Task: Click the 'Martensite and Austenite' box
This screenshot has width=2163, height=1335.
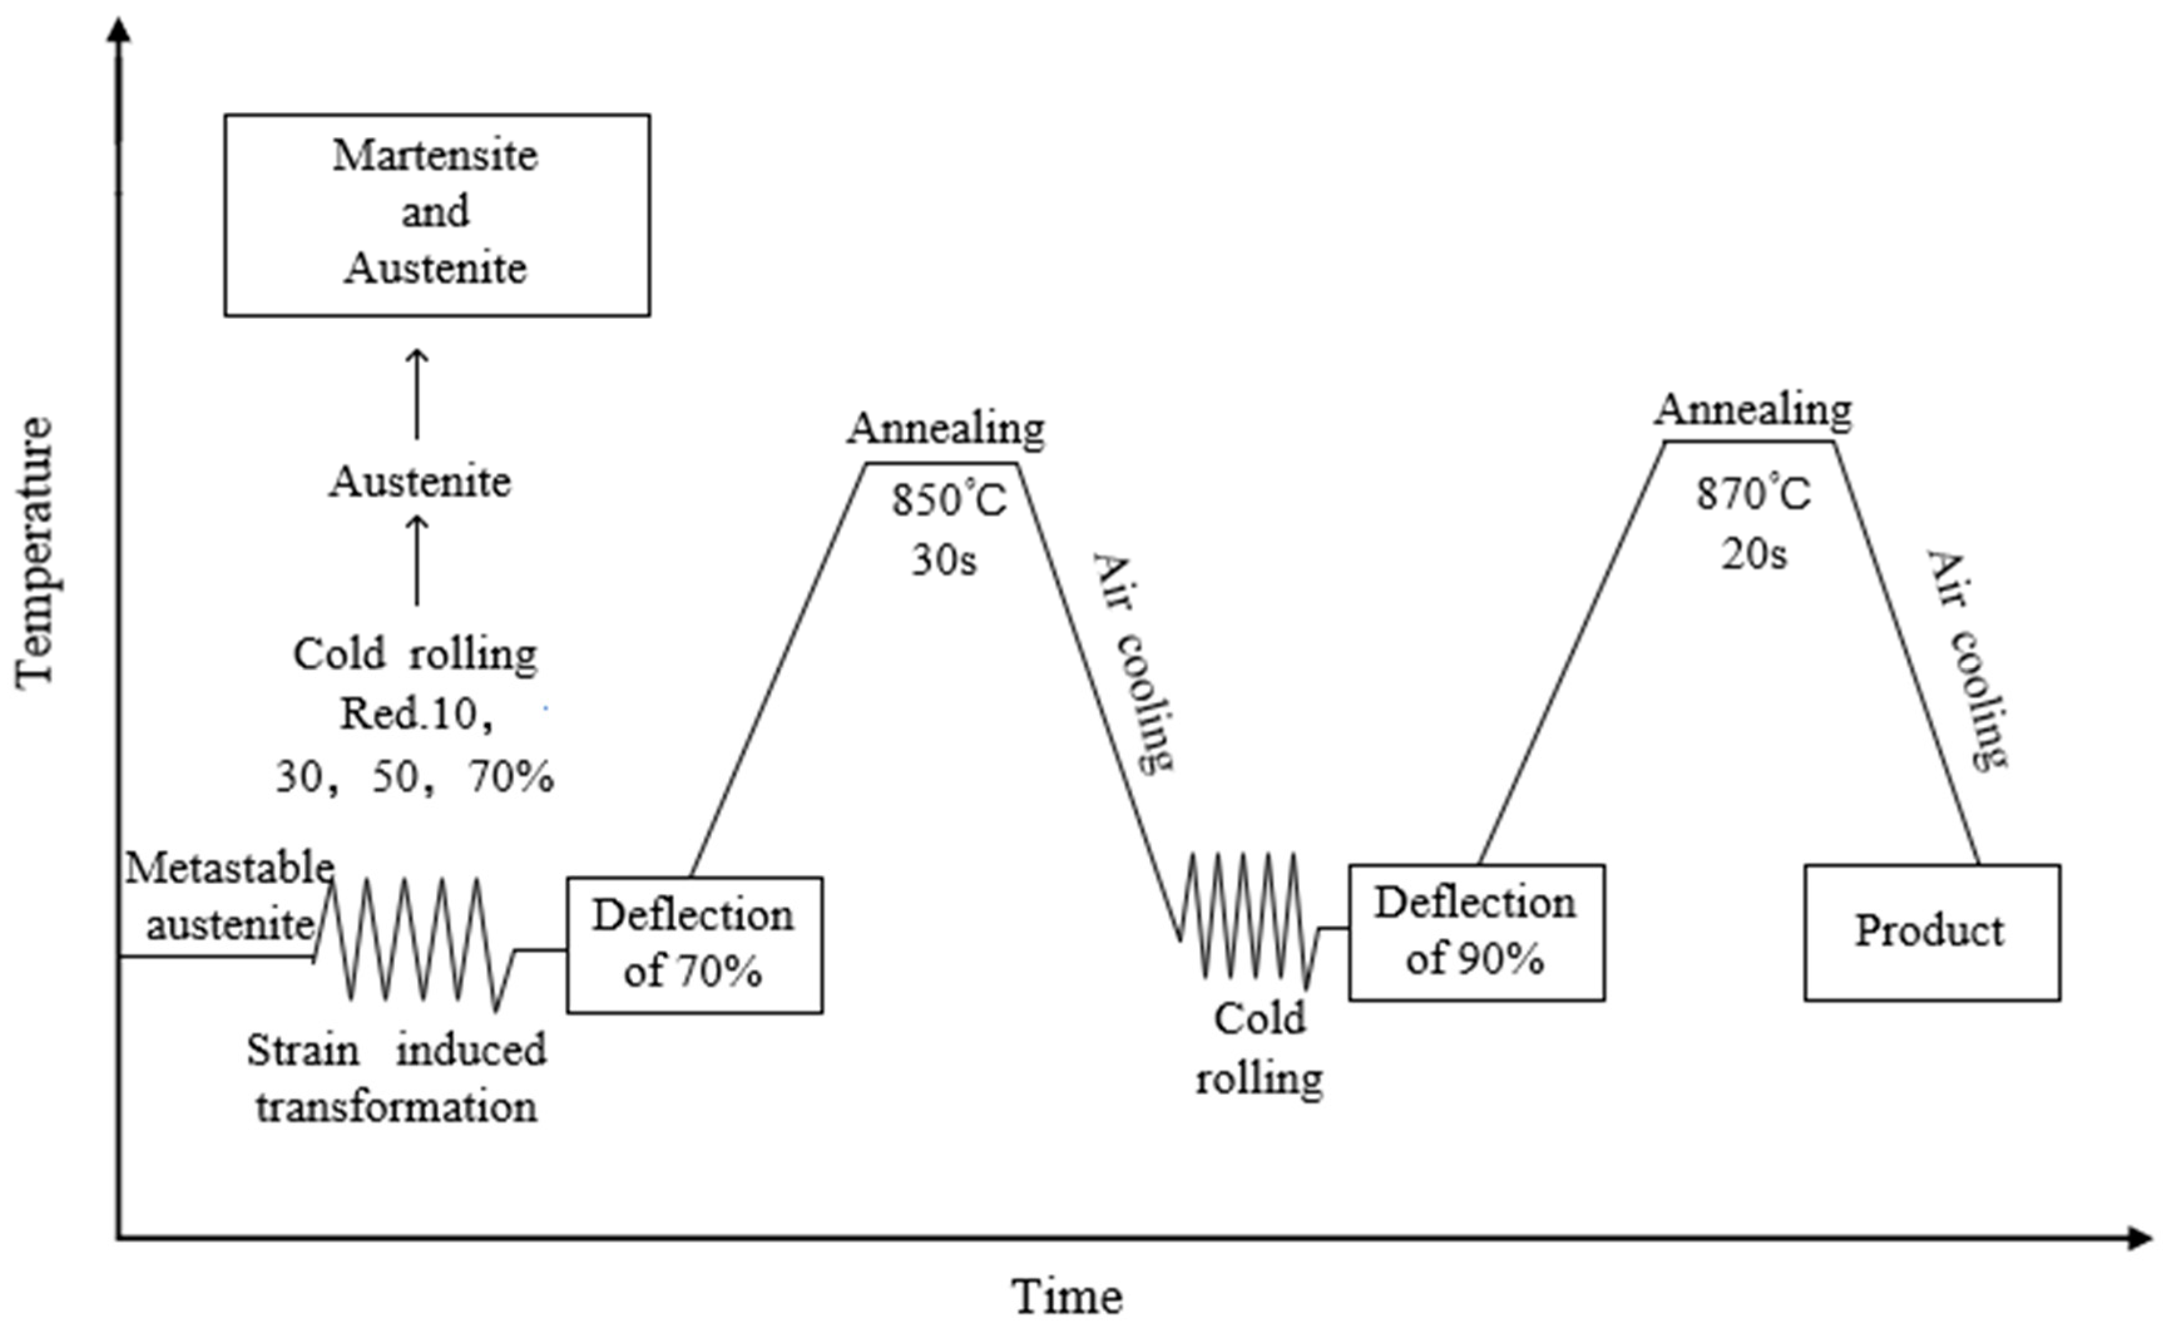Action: click(x=436, y=214)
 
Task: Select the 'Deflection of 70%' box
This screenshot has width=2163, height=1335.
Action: click(x=694, y=944)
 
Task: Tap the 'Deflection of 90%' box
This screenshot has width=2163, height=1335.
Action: click(x=1476, y=932)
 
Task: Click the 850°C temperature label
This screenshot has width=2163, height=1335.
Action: click(x=948, y=501)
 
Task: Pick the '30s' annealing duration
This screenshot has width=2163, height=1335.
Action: click(x=944, y=561)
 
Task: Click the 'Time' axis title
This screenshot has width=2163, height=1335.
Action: click(x=1066, y=1297)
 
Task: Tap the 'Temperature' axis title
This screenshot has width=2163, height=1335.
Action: click(x=35, y=552)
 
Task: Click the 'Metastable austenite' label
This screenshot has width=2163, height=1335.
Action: click(x=229, y=896)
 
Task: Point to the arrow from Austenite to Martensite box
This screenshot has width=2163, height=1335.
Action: click(x=417, y=394)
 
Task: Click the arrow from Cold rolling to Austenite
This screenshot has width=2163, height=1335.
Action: click(x=417, y=561)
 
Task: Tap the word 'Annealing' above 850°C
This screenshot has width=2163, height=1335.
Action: click(x=946, y=429)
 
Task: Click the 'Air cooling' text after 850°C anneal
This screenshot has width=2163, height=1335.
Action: click(x=1135, y=662)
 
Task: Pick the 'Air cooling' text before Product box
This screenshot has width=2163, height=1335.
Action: click(x=1967, y=660)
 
